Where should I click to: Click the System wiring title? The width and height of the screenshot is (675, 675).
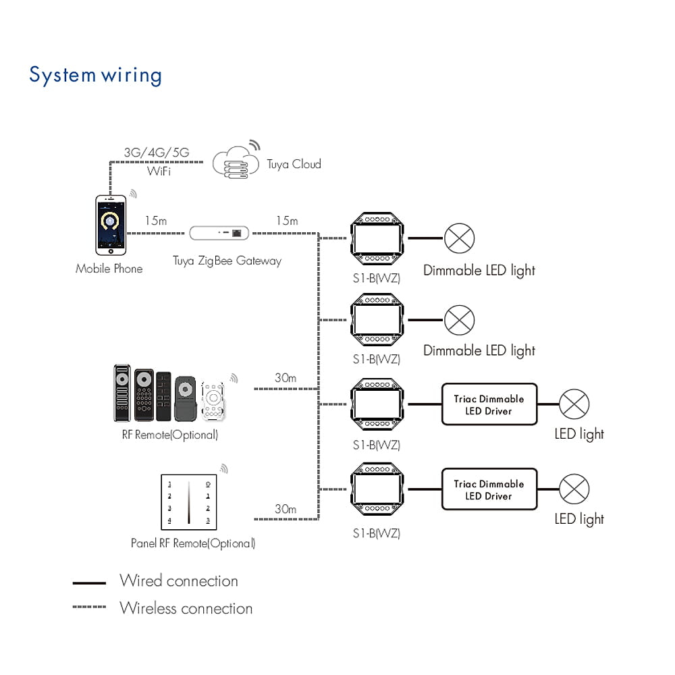point(95,74)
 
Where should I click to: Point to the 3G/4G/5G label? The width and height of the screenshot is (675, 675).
point(157,153)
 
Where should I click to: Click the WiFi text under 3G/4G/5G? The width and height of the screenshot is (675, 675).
point(158,171)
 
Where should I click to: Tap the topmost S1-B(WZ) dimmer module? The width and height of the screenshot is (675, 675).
point(377,238)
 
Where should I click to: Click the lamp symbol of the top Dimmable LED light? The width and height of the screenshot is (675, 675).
point(460,238)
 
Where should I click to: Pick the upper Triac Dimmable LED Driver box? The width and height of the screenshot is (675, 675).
point(489,404)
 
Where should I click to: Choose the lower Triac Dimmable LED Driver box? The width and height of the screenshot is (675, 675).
point(489,489)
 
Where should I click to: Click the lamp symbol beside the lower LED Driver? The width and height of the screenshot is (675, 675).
point(574,489)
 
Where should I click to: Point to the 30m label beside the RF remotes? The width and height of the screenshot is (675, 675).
point(285,378)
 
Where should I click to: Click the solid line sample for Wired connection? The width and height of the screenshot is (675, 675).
point(89,583)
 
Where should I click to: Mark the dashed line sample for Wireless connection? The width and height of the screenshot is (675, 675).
point(89,607)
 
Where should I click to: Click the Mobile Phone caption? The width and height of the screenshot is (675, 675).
point(109,269)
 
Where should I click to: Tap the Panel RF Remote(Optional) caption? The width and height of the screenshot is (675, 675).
point(192,543)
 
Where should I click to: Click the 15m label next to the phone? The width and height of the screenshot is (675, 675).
point(155,221)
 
